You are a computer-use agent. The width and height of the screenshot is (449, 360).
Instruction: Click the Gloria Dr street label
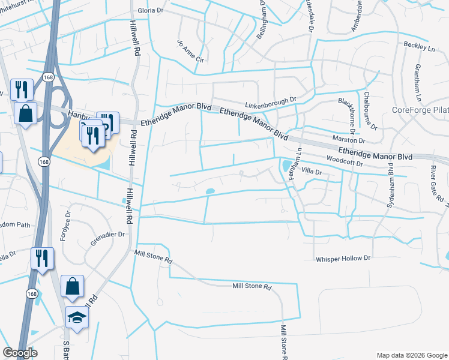150,11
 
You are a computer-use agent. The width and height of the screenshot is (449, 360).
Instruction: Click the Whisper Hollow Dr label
345,258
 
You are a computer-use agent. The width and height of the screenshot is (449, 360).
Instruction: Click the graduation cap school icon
77,317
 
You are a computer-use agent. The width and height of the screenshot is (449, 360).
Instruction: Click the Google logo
20,353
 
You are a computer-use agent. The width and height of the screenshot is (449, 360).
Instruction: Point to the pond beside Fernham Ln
286,164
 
